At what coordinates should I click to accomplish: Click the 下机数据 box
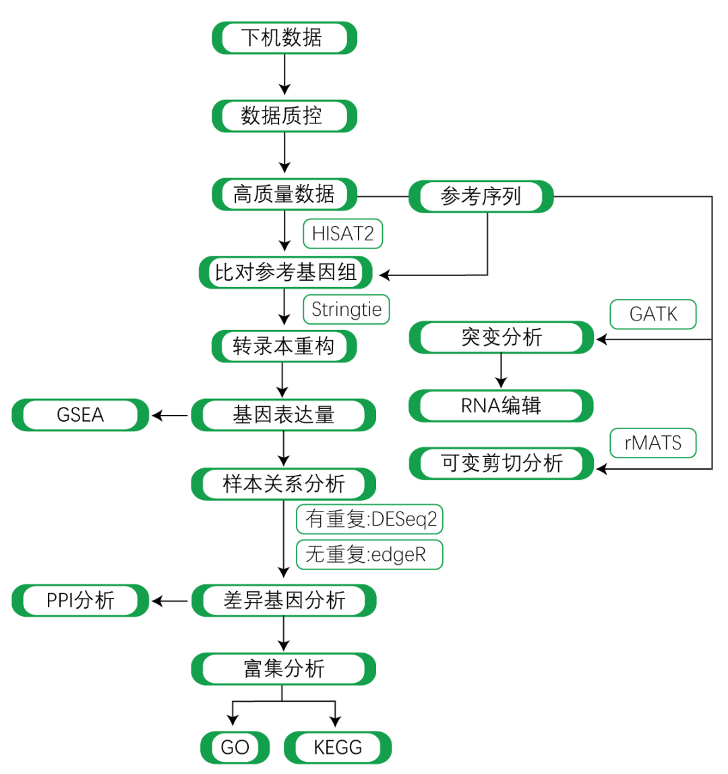pos(284,38)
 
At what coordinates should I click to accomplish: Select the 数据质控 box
pos(284,116)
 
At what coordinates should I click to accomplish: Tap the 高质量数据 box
pos(284,195)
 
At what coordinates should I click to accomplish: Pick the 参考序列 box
pos(481,196)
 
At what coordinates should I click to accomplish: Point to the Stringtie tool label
pos(346,310)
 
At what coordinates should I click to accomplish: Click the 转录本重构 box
pos(284,347)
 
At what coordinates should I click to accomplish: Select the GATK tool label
pos(653,314)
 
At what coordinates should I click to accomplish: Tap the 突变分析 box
pos(502,337)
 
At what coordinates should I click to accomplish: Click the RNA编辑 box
pos(502,406)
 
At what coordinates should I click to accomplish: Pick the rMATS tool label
pos(653,443)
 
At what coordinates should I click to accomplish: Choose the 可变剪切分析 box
pos(502,464)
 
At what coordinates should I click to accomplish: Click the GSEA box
pos(80,415)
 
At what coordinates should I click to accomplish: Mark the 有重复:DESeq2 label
pos(370,520)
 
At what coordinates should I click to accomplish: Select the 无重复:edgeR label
pos(369,555)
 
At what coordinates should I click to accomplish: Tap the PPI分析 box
pos(80,600)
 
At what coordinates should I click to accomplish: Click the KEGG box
pos(338,747)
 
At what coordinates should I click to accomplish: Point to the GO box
pos(235,747)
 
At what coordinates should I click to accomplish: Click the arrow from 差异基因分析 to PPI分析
pos(170,601)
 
